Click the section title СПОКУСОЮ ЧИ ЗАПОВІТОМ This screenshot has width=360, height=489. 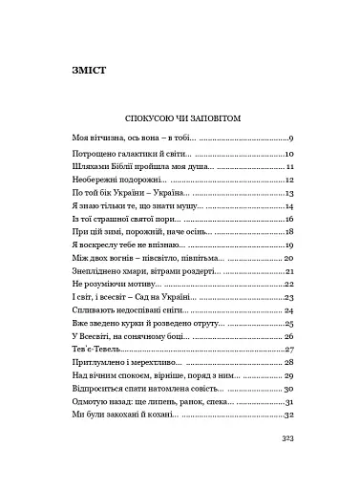coord(180,119)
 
